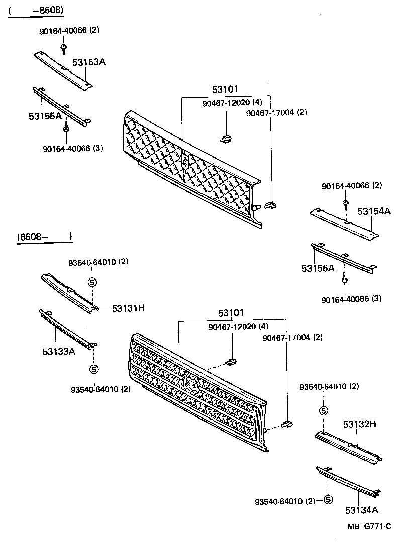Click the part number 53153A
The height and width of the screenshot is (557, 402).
pyautogui.click(x=89, y=62)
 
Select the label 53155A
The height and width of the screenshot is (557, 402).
pyautogui.click(x=45, y=116)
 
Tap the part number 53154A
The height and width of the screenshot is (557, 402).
pyautogui.click(x=374, y=211)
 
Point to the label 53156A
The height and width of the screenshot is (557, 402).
pyautogui.click(x=318, y=268)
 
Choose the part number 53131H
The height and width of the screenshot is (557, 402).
pyautogui.click(x=128, y=308)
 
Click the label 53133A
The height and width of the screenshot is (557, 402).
pyautogui.click(x=59, y=351)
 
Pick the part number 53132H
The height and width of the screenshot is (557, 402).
pyautogui.click(x=360, y=424)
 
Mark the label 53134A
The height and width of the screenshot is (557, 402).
pyautogui.click(x=361, y=510)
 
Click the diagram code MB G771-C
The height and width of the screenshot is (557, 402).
pyautogui.click(x=369, y=526)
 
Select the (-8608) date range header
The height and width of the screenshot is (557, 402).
pyautogui.click(x=36, y=11)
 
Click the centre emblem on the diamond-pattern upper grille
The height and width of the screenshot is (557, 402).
pyautogui.click(x=185, y=161)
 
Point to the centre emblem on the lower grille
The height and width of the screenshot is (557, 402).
pyautogui.click(x=191, y=385)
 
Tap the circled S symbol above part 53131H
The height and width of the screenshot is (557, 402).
pyautogui.click(x=92, y=282)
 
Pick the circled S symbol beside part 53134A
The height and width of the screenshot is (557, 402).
pyautogui.click(x=328, y=500)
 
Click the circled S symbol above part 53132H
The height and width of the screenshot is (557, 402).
pyautogui.click(x=324, y=411)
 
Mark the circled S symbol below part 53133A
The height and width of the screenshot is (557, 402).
pyautogui.click(x=93, y=369)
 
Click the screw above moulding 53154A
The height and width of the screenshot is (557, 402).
pyautogui.click(x=346, y=203)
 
